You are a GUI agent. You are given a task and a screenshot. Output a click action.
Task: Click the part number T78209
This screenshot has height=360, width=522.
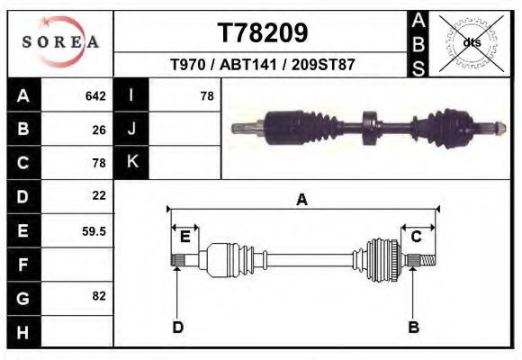pyautogui.click(x=263, y=32)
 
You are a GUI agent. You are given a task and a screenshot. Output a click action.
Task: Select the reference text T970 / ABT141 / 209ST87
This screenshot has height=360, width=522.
pyautogui.click(x=263, y=65)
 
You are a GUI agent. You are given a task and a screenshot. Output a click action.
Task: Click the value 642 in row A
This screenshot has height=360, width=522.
pyautogui.click(x=95, y=95)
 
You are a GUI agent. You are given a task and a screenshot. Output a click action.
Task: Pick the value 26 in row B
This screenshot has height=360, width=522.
pyautogui.click(x=99, y=129)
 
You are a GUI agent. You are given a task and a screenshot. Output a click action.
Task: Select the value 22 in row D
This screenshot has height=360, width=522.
pyautogui.click(x=99, y=195)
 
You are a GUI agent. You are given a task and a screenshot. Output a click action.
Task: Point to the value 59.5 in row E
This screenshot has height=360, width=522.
pyautogui.click(x=94, y=230)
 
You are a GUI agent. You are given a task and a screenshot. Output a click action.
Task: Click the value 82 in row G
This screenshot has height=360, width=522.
pyautogui.click(x=99, y=296)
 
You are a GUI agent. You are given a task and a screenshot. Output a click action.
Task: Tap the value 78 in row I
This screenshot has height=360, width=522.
pyautogui.click(x=206, y=95)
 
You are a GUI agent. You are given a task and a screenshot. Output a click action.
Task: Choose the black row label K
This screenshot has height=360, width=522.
pyautogui.click(x=131, y=162)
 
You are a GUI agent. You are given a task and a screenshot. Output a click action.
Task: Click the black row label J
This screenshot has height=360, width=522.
pyautogui.click(x=131, y=129)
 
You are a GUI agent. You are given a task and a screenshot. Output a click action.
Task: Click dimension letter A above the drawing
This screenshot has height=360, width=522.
pyautogui.click(x=302, y=201)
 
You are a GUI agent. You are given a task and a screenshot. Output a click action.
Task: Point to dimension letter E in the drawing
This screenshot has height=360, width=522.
pyautogui.click(x=184, y=237)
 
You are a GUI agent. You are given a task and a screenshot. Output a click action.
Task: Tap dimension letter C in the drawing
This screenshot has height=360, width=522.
pyautogui.click(x=417, y=237)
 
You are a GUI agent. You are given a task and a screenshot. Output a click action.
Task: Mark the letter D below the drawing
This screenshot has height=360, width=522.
pyautogui.click(x=177, y=327)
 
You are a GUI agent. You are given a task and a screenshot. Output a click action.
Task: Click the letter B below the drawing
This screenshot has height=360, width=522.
pyautogui.click(x=413, y=327)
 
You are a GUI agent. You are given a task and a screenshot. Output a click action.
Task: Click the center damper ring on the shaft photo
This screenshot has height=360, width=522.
pyautogui.click(x=367, y=129)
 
